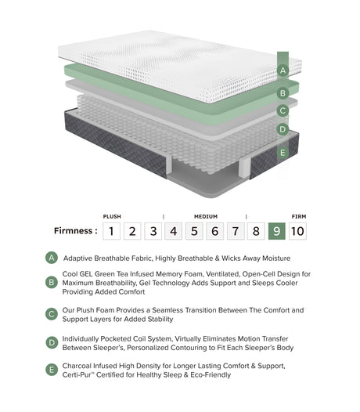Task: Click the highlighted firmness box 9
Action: [x=276, y=231]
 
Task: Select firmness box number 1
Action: [x=113, y=231]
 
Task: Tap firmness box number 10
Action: [x=297, y=231]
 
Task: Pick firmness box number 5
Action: [x=195, y=231]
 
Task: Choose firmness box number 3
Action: [x=153, y=231]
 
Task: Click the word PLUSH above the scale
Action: [x=112, y=216]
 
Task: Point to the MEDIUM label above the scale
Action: [x=206, y=216]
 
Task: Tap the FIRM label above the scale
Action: [x=298, y=216]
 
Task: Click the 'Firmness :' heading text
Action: [x=76, y=231]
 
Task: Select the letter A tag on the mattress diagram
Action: [x=283, y=70]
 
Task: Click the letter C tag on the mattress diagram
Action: [x=283, y=110]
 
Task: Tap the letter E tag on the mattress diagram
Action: [x=283, y=152]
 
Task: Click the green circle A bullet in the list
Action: [x=52, y=258]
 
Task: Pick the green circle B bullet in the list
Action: [x=52, y=283]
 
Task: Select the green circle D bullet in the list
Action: [x=52, y=342]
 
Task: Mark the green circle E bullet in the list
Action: [x=52, y=370]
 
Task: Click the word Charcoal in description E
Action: [x=80, y=366]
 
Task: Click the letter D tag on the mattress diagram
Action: [x=283, y=129]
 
